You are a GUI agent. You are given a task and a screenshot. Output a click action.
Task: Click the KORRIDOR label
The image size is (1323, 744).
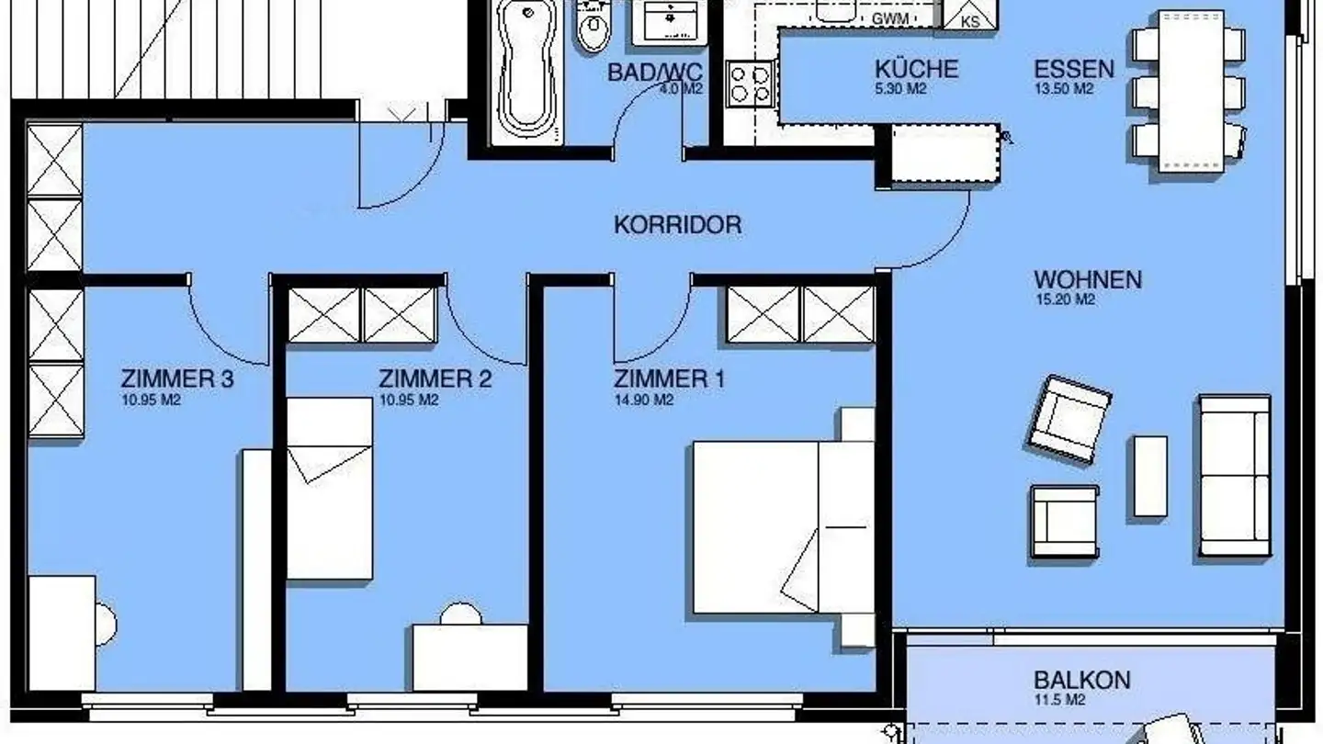(x=677, y=225)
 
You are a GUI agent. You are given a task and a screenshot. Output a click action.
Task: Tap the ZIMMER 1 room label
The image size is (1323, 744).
(x=669, y=378)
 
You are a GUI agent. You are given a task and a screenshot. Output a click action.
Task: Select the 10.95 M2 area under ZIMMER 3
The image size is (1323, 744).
(x=151, y=400)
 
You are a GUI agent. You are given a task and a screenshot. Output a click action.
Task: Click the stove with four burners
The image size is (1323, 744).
(x=750, y=84)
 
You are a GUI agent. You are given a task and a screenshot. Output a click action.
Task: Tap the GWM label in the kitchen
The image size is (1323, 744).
(x=890, y=19)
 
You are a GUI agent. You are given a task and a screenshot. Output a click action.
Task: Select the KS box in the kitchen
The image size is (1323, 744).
(x=970, y=17)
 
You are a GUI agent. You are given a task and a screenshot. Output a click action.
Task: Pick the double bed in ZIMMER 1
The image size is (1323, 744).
(x=781, y=527)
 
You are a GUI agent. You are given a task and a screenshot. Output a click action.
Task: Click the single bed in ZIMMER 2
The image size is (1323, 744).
(x=329, y=488)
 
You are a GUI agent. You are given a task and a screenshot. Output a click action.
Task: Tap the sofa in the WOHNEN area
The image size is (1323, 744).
(x=1234, y=477)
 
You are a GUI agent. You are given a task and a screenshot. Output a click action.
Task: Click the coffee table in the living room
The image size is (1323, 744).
(x=1149, y=476)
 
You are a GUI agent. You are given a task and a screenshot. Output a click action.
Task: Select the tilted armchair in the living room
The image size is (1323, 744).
(x=1069, y=418)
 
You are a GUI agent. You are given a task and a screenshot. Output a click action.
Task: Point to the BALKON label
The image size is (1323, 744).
(x=1082, y=681)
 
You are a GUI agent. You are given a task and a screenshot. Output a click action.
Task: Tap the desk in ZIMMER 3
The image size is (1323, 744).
(x=62, y=632)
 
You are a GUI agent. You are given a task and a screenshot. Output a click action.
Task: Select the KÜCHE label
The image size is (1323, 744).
(x=916, y=69)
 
